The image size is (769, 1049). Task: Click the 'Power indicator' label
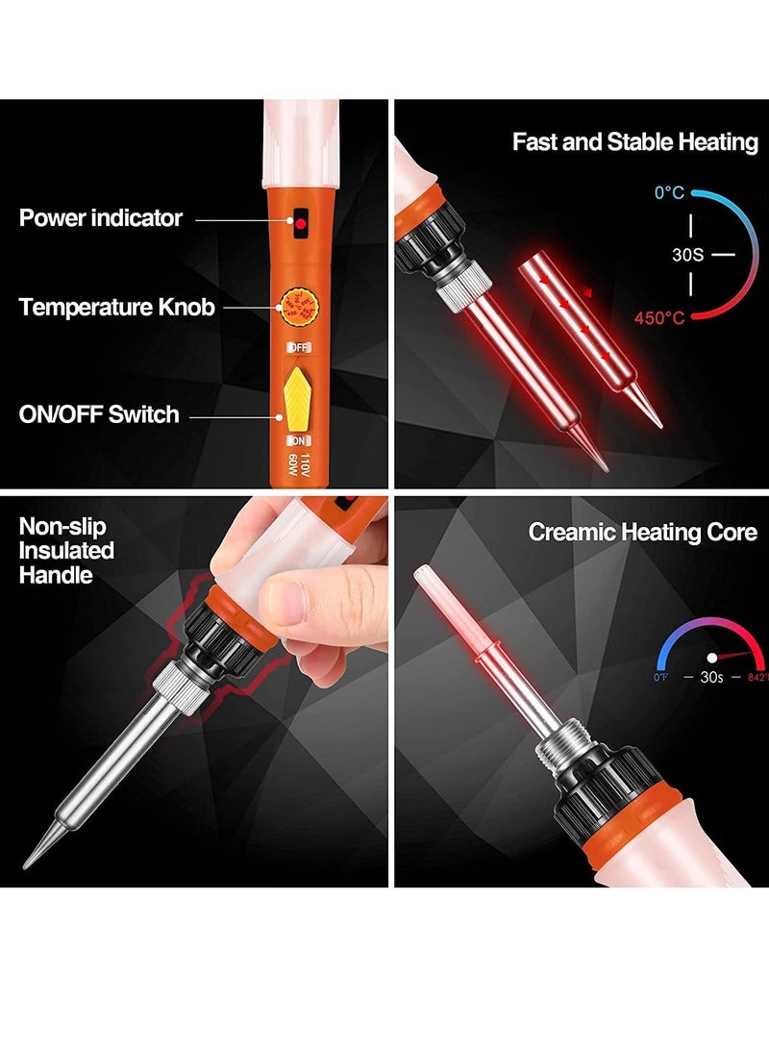coord(100,218)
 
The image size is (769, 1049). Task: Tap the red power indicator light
coord(300,223)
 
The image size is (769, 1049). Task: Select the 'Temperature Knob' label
coord(116,308)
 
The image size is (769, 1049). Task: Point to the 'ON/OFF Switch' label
coord(99,414)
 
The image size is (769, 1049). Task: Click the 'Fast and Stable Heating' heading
coord(634,142)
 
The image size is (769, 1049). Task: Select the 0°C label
coord(669,193)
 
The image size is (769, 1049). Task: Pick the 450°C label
coord(659,318)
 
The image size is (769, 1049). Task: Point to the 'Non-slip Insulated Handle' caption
coord(66,551)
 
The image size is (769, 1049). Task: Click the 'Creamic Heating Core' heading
coord(642,532)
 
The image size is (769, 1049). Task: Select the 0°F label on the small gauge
coord(661,677)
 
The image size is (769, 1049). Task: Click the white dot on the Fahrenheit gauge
coord(712,659)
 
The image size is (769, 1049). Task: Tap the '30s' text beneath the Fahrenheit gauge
coord(711,677)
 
